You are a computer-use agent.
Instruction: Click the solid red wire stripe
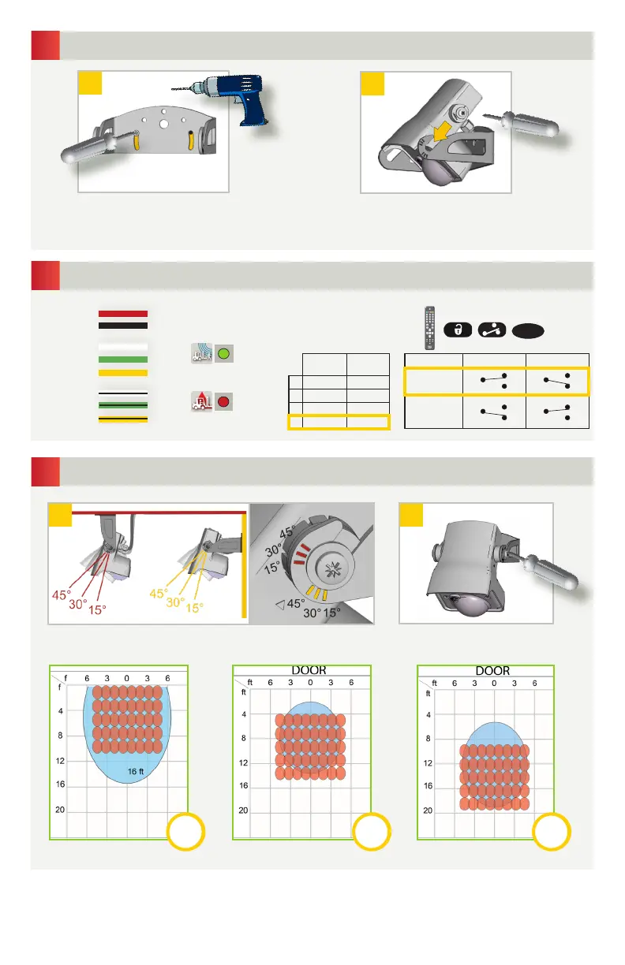122,313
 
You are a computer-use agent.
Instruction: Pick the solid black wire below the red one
122,325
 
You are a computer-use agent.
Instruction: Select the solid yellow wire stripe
122,372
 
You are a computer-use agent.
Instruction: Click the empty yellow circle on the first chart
187,832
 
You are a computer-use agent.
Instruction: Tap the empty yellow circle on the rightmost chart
552,832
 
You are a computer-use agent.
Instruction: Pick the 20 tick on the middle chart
245,810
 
